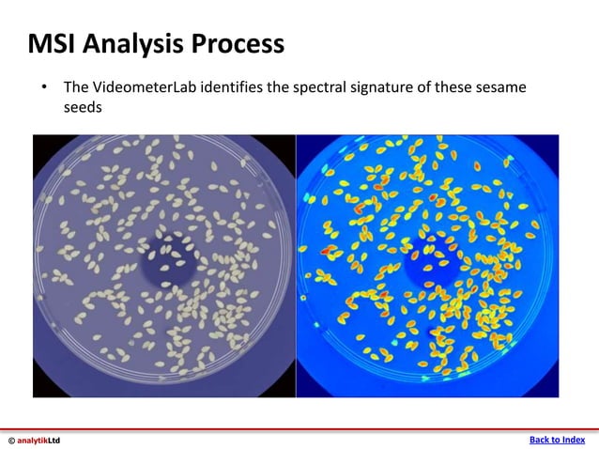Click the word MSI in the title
pyautogui.click(x=53, y=43)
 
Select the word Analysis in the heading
pyautogui.click(x=135, y=43)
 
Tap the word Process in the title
pyautogui.click(x=238, y=43)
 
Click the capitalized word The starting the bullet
pyautogui.click(x=76, y=87)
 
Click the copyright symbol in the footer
pyautogui.click(x=11, y=440)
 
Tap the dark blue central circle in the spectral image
pyautogui.click(x=428, y=261)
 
